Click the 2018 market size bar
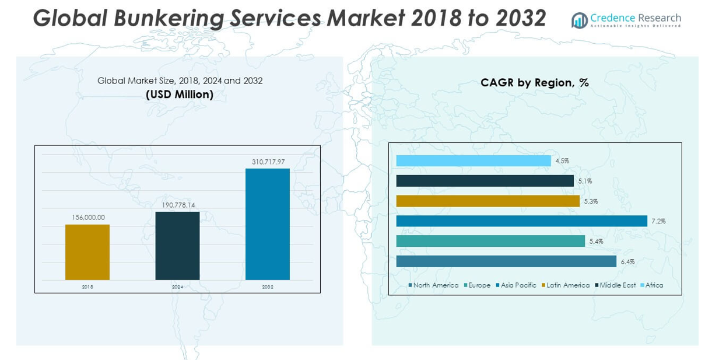[87, 252]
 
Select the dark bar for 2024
[177, 246]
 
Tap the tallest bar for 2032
[267, 224]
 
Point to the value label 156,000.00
[88, 217]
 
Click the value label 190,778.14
[178, 205]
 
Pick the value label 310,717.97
[268, 162]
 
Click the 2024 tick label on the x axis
[177, 287]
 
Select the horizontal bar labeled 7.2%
[521, 221]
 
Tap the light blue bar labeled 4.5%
[473, 160]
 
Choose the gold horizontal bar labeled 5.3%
[487, 201]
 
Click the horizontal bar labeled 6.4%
[506, 261]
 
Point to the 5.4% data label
[596, 242]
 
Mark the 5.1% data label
[585, 181]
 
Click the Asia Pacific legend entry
[518, 285]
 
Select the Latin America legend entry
[567, 285]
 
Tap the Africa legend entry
[654, 285]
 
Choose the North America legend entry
[436, 285]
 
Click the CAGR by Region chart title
[534, 83]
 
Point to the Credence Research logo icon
[580, 20]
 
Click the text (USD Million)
[180, 94]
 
